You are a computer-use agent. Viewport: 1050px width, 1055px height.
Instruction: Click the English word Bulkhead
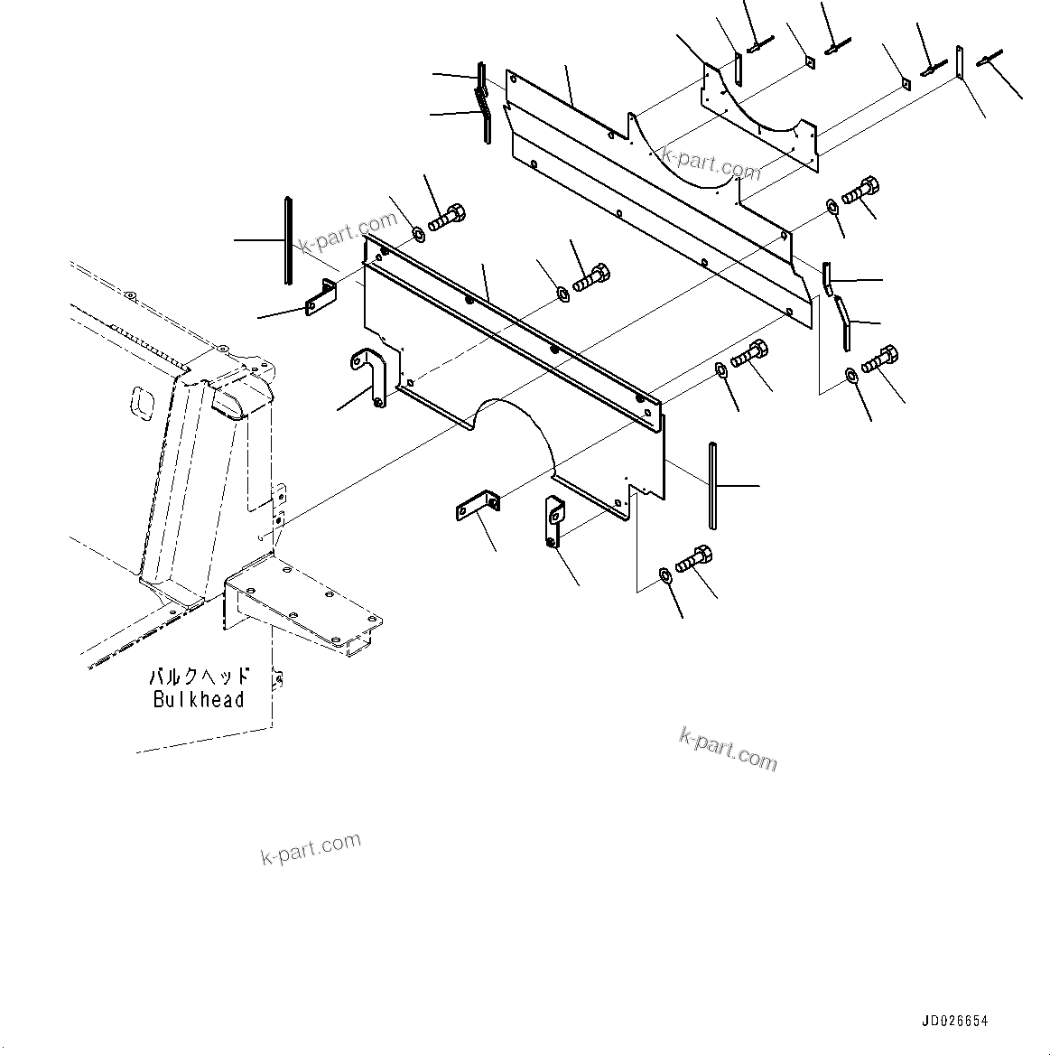[199, 699]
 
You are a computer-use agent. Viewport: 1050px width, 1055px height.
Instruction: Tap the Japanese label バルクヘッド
[199, 677]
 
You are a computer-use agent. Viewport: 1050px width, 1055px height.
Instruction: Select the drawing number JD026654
[954, 1022]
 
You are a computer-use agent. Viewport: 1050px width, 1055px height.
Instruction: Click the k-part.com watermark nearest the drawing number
[728, 750]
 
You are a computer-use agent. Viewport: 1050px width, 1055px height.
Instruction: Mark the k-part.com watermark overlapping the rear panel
[711, 162]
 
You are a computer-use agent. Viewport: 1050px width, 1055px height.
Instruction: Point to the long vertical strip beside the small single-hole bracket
[288, 240]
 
